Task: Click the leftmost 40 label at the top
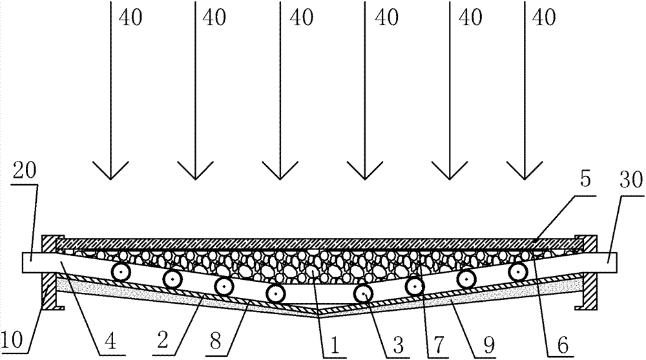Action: click(x=131, y=17)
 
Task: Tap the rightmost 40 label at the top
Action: click(x=545, y=17)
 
